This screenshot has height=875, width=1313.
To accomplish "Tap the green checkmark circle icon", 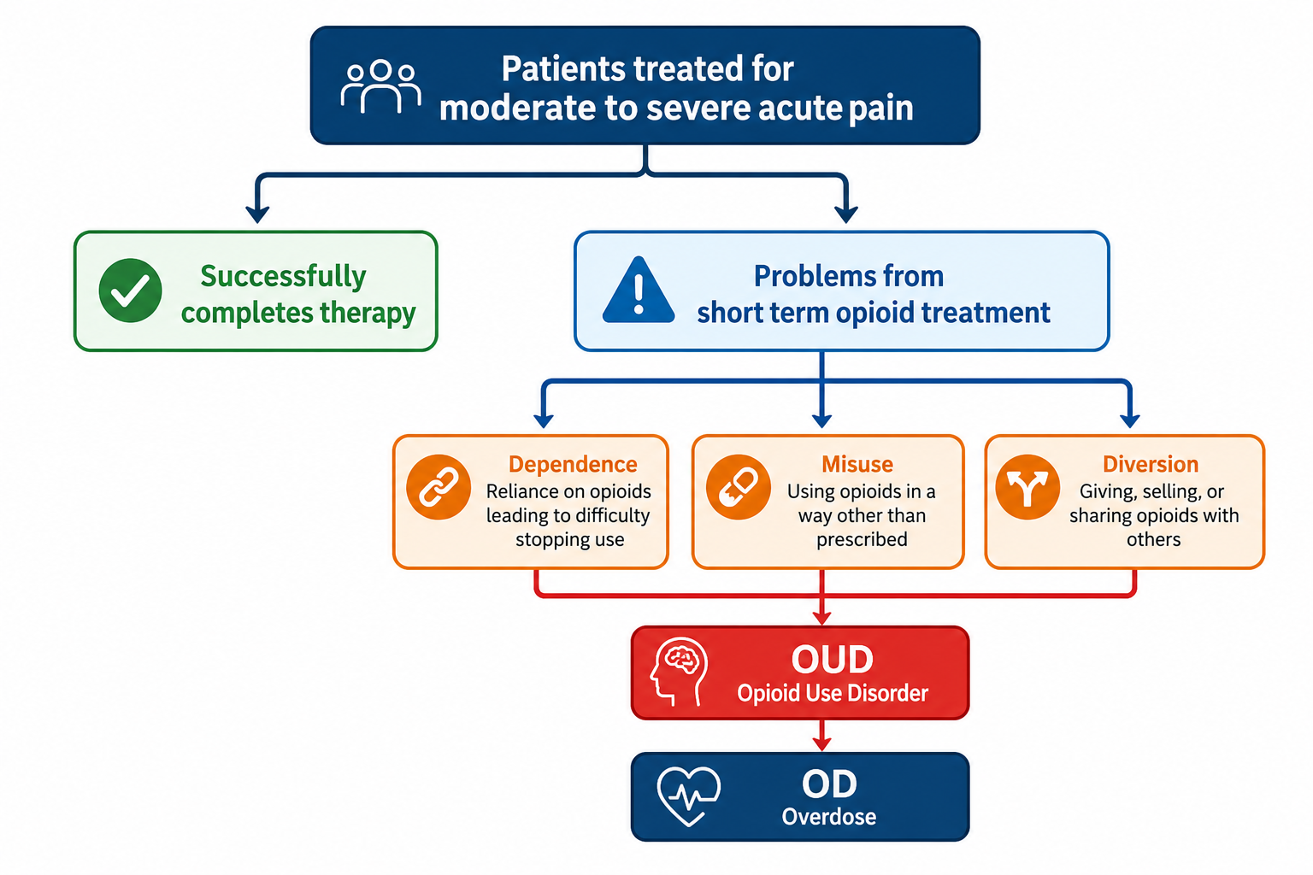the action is click(x=130, y=291).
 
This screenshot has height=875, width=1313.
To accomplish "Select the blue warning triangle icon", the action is click(x=639, y=290).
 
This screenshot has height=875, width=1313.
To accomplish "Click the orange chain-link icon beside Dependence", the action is click(x=439, y=487).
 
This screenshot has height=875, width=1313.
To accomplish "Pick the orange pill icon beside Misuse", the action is click(x=738, y=487).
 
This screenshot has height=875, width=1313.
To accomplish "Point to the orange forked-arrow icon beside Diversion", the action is click(x=1027, y=487).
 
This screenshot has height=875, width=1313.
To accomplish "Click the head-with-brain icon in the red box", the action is click(x=679, y=672).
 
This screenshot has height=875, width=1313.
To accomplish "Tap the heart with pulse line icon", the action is click(x=689, y=796).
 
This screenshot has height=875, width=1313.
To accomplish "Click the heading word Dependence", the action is click(x=573, y=464).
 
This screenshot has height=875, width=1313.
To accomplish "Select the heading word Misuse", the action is click(x=857, y=464).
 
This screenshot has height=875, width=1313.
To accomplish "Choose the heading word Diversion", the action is click(x=1151, y=464).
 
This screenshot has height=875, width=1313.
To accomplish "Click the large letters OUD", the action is click(x=832, y=660).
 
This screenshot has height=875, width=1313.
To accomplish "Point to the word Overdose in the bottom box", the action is click(x=829, y=816).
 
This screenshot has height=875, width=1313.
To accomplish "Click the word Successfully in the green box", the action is click(x=283, y=277).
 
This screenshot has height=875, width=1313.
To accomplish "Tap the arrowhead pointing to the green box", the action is click(x=257, y=214).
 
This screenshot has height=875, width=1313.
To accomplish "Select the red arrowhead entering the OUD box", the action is click(x=821, y=619).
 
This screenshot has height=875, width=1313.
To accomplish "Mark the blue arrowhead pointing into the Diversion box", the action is click(x=1129, y=420).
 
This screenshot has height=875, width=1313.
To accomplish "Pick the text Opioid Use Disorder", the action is click(x=833, y=693).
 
